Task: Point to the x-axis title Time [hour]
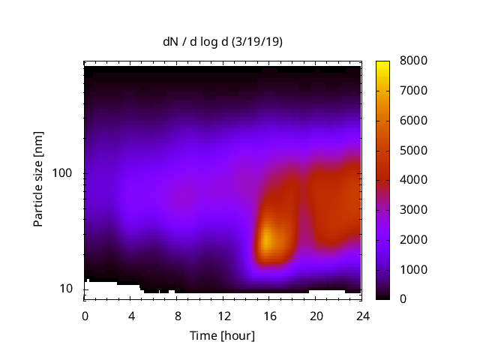point(223,335)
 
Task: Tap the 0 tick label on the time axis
point(85,315)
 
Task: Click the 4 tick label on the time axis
point(131,315)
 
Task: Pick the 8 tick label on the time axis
point(177,315)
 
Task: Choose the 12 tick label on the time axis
point(223,315)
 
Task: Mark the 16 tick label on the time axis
point(269,315)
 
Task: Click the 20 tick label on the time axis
point(316,315)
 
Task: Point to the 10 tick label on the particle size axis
point(67,289)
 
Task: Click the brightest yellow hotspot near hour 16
point(267,239)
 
